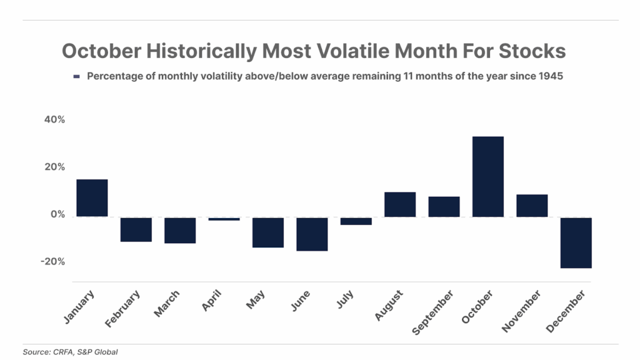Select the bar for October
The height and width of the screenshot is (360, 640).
click(x=487, y=176)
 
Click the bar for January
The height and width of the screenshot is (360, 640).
click(x=92, y=197)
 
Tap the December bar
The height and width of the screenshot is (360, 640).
click(x=576, y=242)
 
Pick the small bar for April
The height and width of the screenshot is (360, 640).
click(x=224, y=219)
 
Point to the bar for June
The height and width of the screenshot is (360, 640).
click(x=312, y=234)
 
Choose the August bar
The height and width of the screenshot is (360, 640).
click(x=400, y=204)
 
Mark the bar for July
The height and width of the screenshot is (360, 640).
click(x=356, y=221)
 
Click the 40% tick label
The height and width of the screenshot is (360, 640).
click(x=54, y=120)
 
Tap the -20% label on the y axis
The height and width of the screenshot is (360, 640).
click(x=52, y=262)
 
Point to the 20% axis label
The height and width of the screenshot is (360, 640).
click(x=54, y=167)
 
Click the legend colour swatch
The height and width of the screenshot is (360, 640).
click(x=77, y=76)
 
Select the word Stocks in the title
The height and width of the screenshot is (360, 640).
click(x=535, y=51)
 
